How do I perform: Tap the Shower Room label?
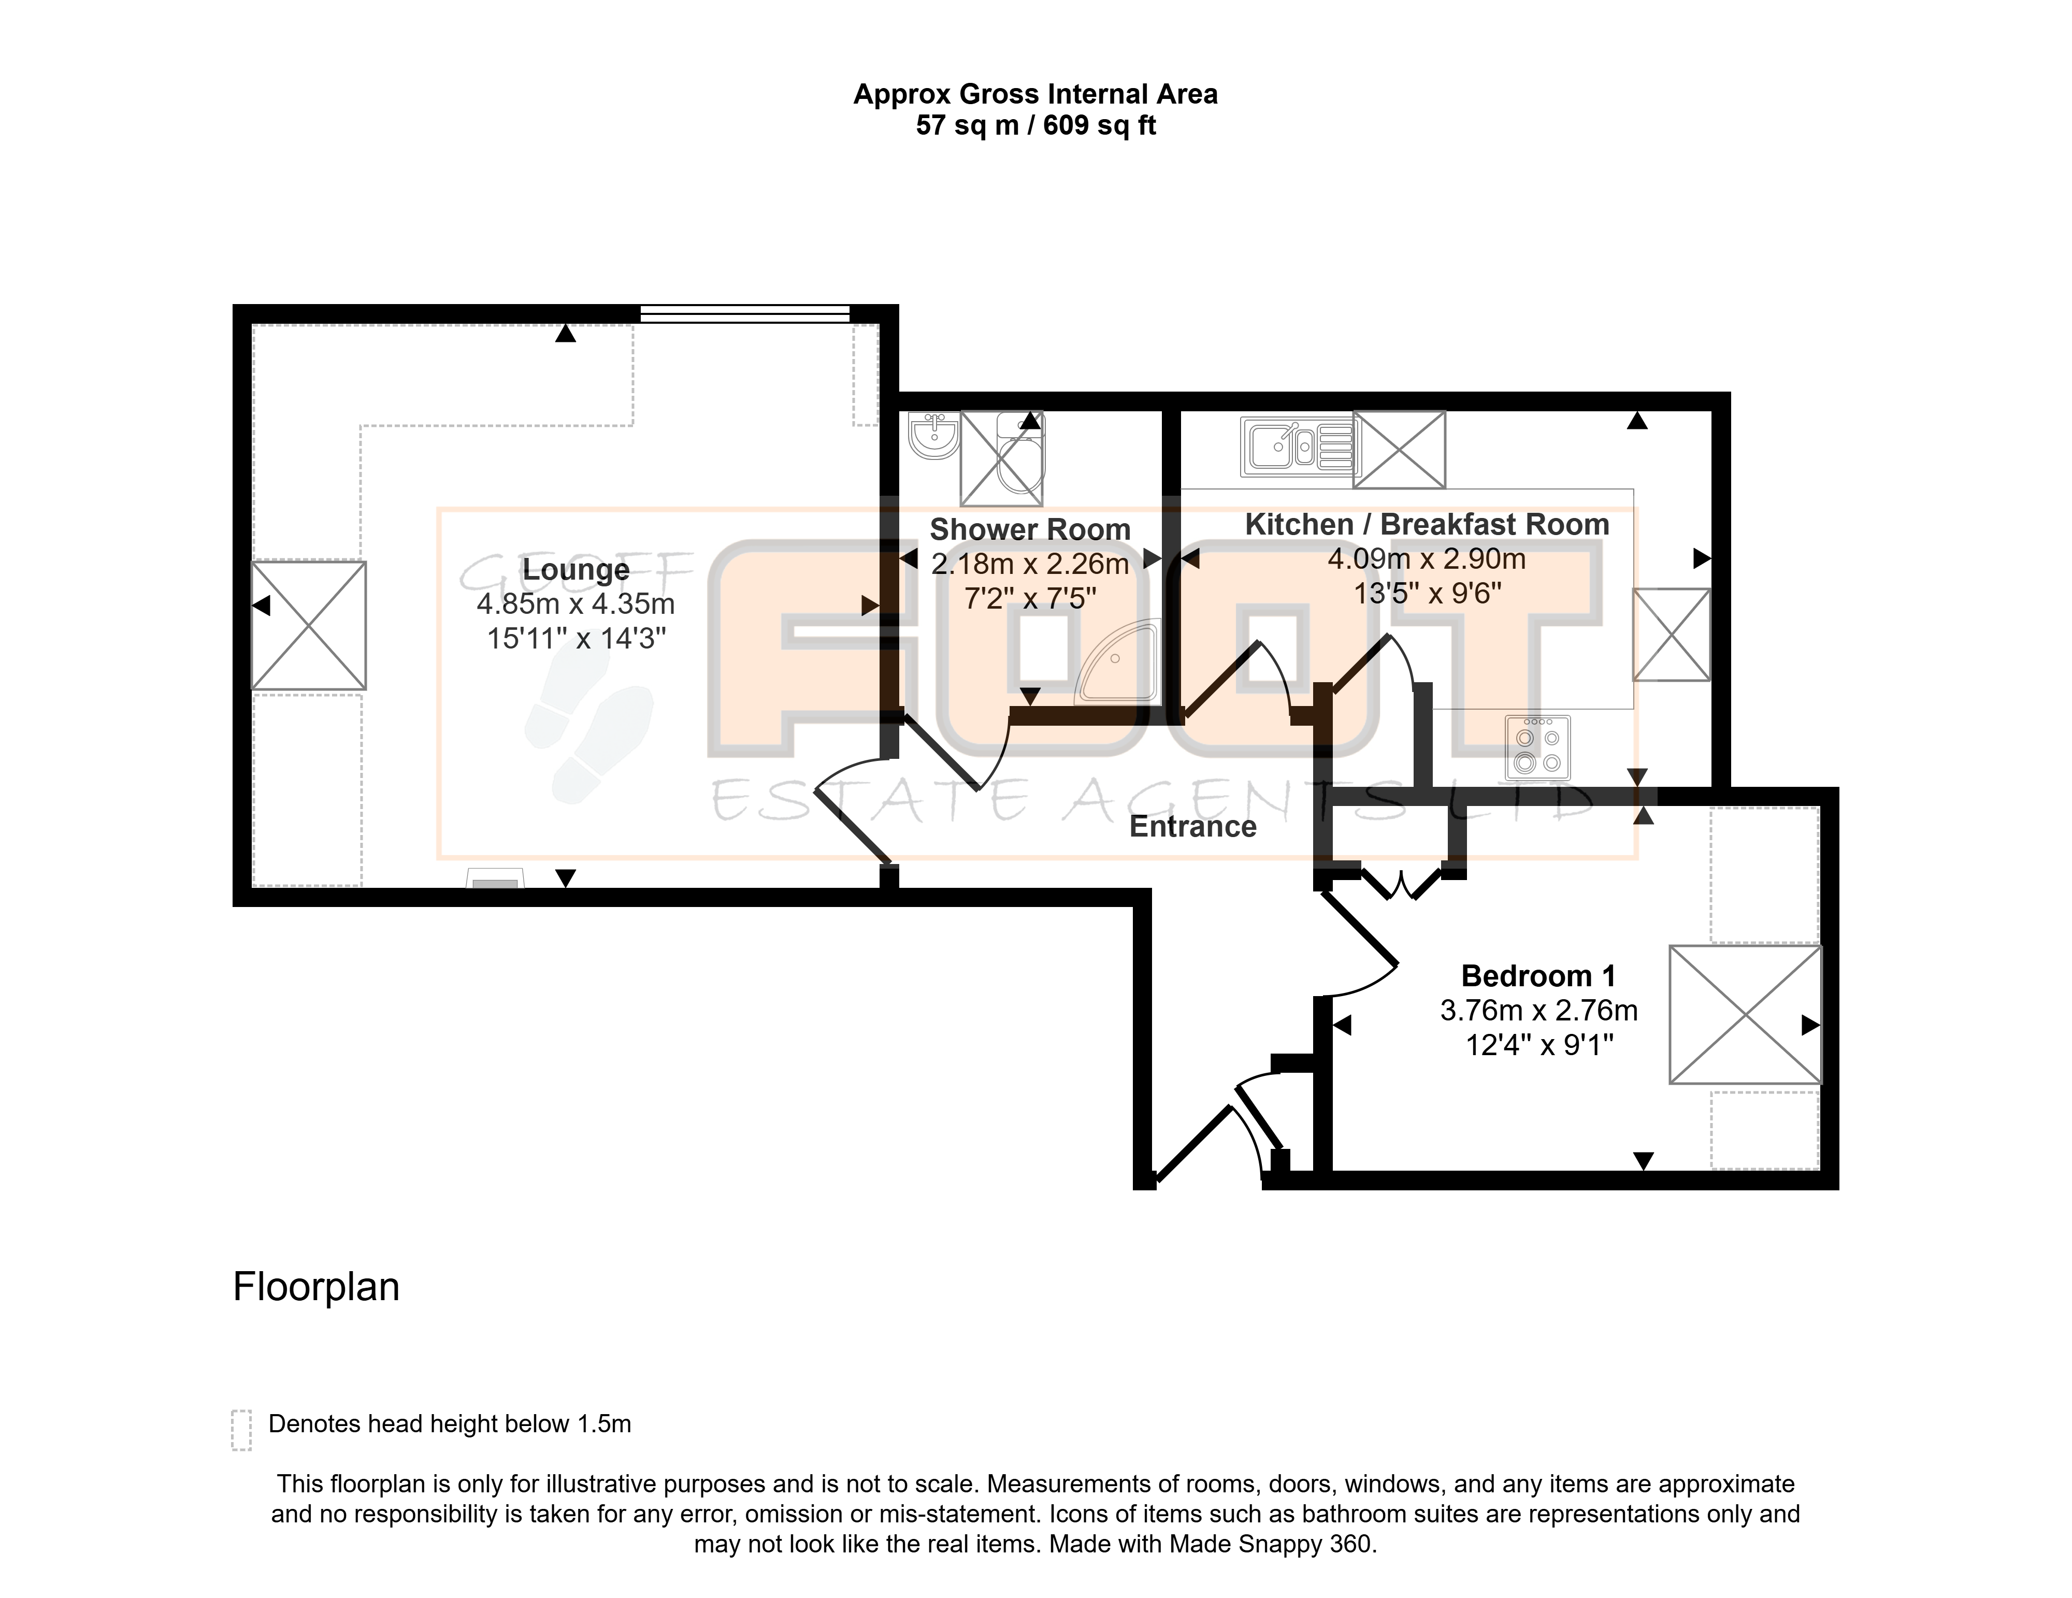[x=1030, y=529]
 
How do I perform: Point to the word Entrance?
[x=1192, y=827]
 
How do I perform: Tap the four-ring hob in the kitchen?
[x=1538, y=747]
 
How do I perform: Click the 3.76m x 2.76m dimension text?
[x=1539, y=1011]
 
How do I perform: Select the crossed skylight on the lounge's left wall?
[x=308, y=625]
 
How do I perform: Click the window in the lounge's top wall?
[x=745, y=314]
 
